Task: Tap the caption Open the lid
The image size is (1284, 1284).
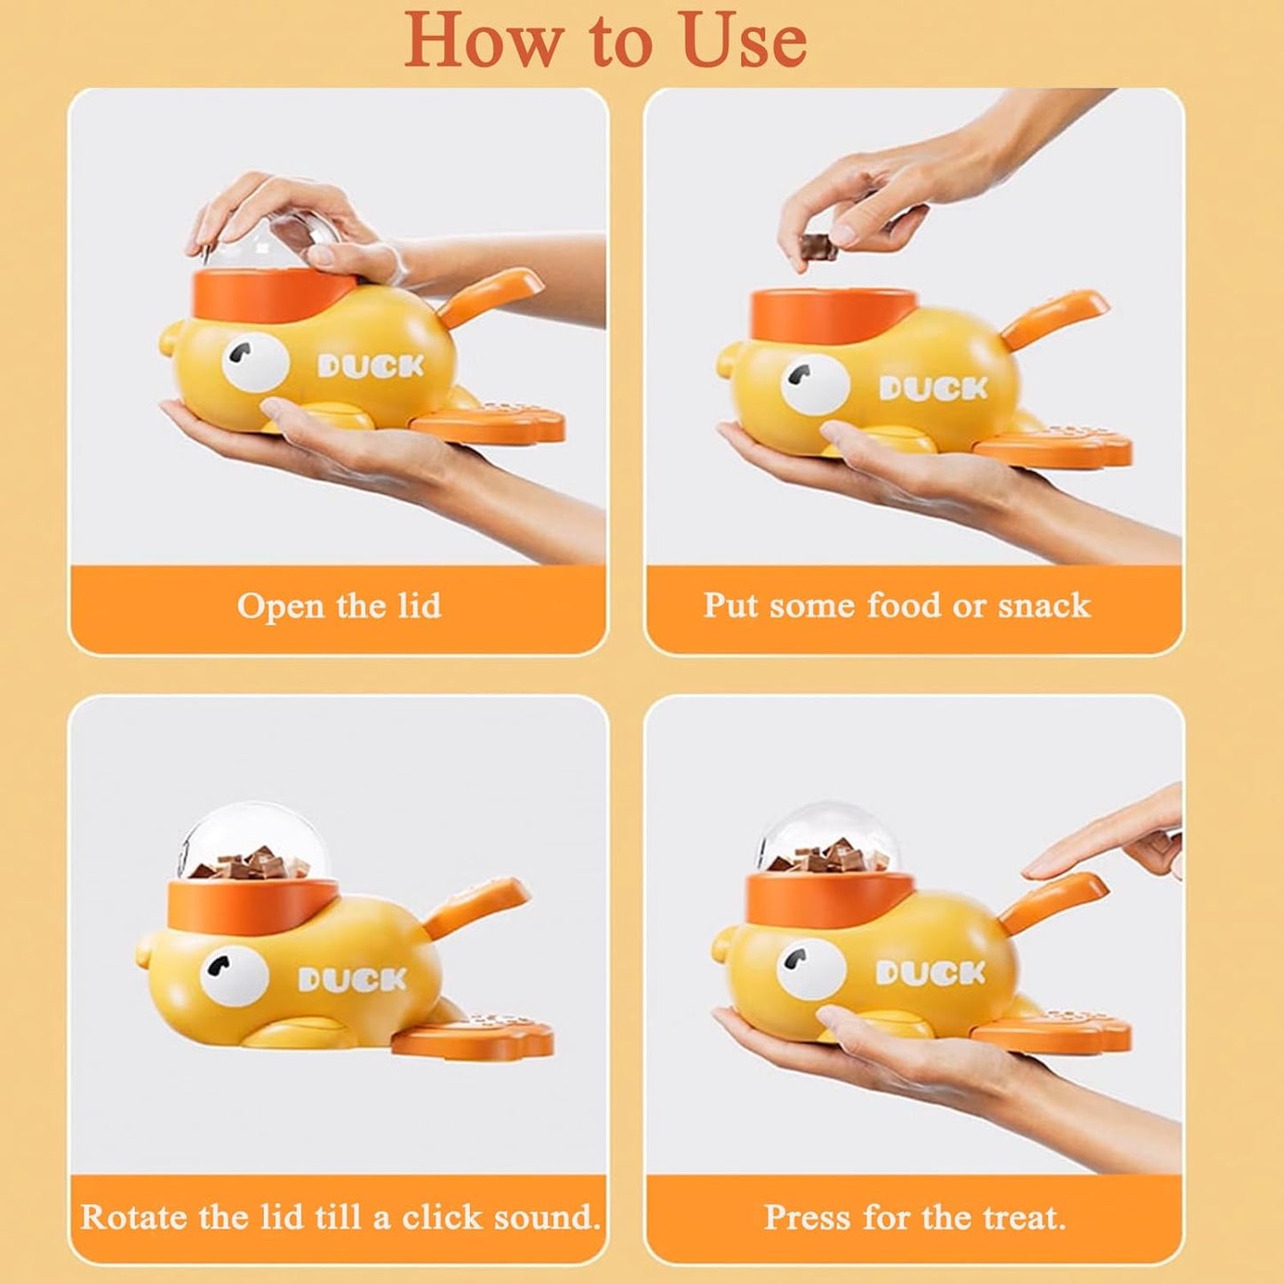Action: click(339, 606)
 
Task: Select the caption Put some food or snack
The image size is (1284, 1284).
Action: click(897, 605)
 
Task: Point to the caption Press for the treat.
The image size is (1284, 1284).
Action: click(914, 1216)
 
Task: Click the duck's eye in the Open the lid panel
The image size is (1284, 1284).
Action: click(254, 364)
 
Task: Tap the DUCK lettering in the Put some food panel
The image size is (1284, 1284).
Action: click(933, 388)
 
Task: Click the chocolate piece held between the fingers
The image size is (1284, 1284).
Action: click(818, 246)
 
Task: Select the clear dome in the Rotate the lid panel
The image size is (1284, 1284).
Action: click(253, 840)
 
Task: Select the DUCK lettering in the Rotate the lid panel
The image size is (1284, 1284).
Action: click(352, 979)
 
